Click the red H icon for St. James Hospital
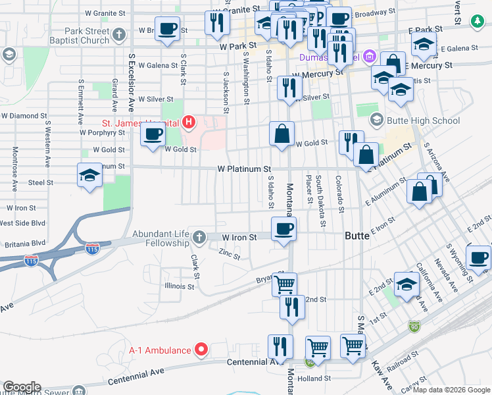(189, 122)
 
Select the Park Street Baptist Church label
(87, 36)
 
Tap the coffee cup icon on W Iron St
(283, 229)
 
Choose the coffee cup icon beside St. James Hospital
(153, 135)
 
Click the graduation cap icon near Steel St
(90, 175)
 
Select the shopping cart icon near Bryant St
(284, 284)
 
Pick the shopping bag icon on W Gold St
(282, 134)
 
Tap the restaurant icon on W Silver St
(289, 88)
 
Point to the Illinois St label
(180, 286)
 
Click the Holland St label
(314, 379)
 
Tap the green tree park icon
(476, 22)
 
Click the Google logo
(21, 387)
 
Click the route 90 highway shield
(413, 325)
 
